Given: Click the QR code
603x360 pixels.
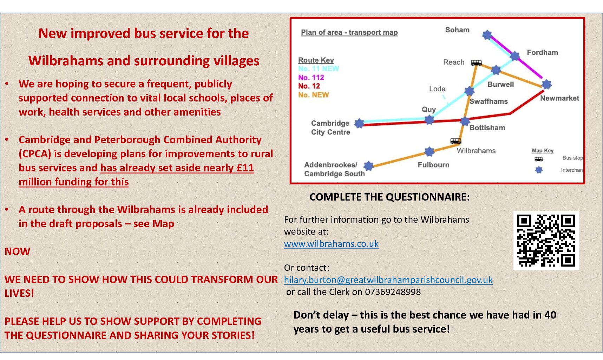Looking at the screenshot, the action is coord(546,241).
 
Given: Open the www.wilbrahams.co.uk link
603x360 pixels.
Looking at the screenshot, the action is coord(331,244).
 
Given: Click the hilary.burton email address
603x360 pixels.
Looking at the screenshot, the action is coord(388,280).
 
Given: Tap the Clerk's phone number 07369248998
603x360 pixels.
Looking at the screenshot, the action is coord(393,292).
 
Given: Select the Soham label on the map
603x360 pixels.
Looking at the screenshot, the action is coord(457,30).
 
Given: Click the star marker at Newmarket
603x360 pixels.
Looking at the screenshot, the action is coord(546,84).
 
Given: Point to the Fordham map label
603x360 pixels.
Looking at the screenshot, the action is coord(542,52).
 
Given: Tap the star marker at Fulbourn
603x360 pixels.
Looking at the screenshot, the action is coord(429,152).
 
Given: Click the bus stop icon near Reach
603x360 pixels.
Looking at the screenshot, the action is coord(476,63).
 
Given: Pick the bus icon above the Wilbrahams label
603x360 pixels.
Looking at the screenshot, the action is coord(456,141).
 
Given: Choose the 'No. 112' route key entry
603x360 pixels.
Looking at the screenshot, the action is coord(311,77).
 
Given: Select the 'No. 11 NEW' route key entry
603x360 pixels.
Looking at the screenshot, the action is coord(319,68).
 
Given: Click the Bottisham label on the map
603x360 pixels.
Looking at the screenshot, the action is coord(487,127).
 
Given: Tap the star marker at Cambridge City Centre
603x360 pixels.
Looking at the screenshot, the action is coord(359,123).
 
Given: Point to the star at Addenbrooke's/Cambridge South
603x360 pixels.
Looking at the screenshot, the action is coord(368,166).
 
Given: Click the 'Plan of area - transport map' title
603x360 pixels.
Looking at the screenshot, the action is coord(349,32).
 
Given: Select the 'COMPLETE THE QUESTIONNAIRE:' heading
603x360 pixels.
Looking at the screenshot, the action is coord(389,197).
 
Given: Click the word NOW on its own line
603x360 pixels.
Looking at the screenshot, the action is coord(18,251).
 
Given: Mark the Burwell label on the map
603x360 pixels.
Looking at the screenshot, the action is coord(500,84).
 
